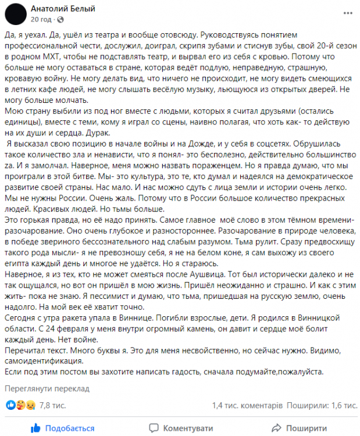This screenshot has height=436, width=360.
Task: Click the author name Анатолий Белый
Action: click(x=63, y=9)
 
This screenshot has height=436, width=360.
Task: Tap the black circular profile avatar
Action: click(x=18, y=14)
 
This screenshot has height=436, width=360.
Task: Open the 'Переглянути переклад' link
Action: click(x=47, y=388)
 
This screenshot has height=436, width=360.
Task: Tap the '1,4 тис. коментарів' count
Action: click(x=247, y=405)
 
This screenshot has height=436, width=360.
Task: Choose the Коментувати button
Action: click(x=181, y=428)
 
